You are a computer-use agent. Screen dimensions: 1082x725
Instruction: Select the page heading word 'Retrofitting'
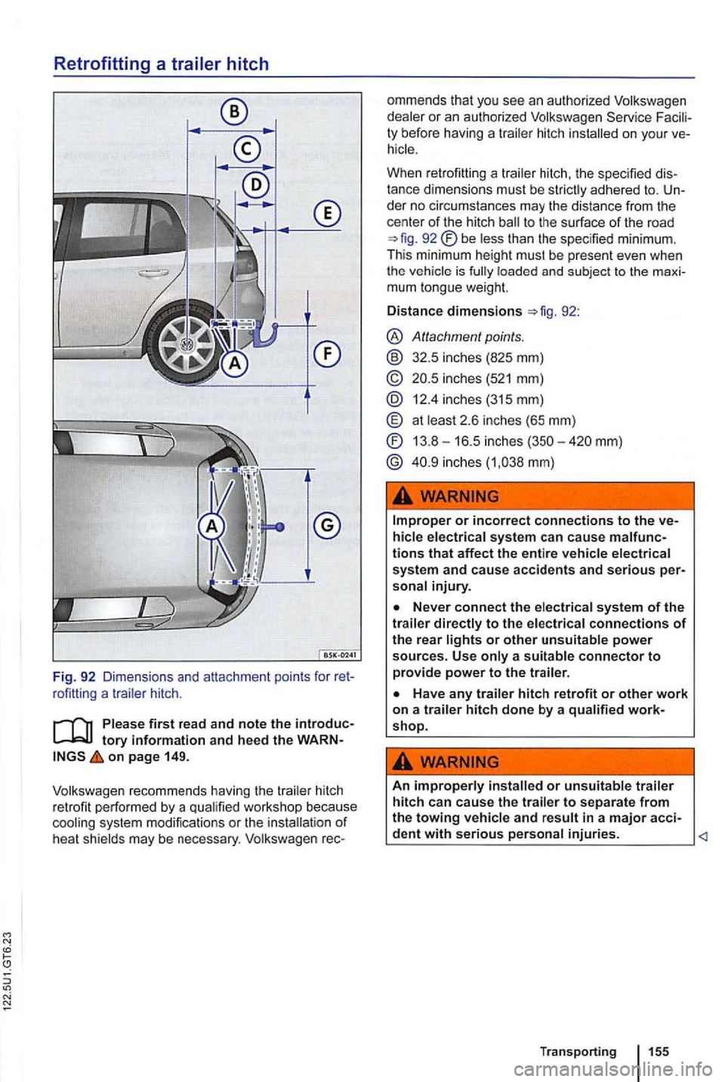(x=101, y=64)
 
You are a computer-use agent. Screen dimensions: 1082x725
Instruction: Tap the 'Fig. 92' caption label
(x=73, y=676)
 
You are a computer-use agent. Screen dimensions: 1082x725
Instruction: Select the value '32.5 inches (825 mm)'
(x=477, y=357)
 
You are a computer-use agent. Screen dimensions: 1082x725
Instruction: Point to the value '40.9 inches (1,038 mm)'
(x=483, y=462)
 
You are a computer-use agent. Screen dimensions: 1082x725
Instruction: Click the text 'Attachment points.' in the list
(x=467, y=336)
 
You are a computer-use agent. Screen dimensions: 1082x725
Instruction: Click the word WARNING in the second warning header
(x=459, y=762)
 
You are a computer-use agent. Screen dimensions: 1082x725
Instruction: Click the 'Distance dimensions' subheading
(x=454, y=311)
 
